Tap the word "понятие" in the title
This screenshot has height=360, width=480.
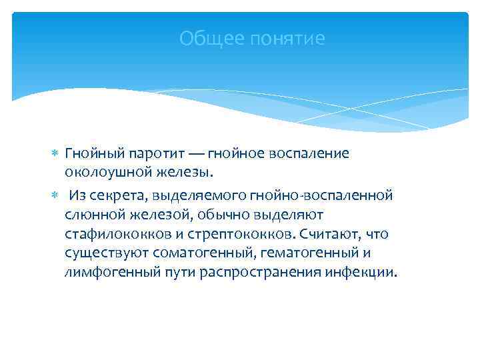tap(287, 39)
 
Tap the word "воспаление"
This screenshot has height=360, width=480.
tap(313, 153)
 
